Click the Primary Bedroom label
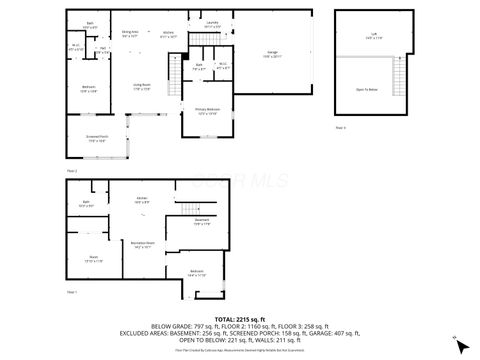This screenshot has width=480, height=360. [208, 112]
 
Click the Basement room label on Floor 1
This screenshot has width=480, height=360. [201, 222]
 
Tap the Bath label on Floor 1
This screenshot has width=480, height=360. [87, 203]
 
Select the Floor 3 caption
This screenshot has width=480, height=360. [340, 128]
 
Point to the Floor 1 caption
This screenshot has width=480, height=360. [71, 291]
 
